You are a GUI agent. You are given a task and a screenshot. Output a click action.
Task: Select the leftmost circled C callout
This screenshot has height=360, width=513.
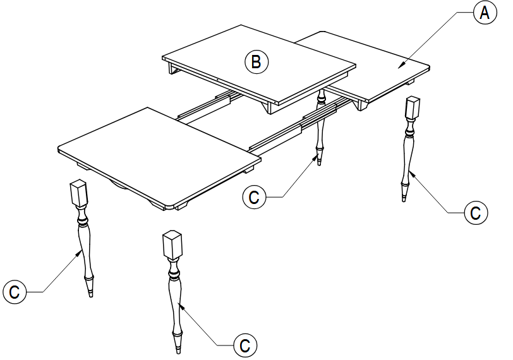(x=15, y=292)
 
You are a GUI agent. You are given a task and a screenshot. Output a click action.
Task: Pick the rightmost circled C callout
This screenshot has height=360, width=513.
(x=475, y=213)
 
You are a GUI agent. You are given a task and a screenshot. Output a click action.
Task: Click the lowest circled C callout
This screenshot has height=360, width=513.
(x=245, y=345)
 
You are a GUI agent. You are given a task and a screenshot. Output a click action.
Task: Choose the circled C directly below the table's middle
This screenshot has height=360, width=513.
(x=254, y=197)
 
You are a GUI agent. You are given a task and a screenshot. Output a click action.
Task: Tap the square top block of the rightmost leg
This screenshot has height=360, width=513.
(x=413, y=110)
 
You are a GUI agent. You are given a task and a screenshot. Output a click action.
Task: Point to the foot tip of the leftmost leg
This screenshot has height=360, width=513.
(x=91, y=294)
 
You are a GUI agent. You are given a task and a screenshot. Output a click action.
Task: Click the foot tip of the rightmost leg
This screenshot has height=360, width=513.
(x=404, y=199)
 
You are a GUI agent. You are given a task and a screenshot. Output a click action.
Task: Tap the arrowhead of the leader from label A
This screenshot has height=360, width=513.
(x=399, y=65)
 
